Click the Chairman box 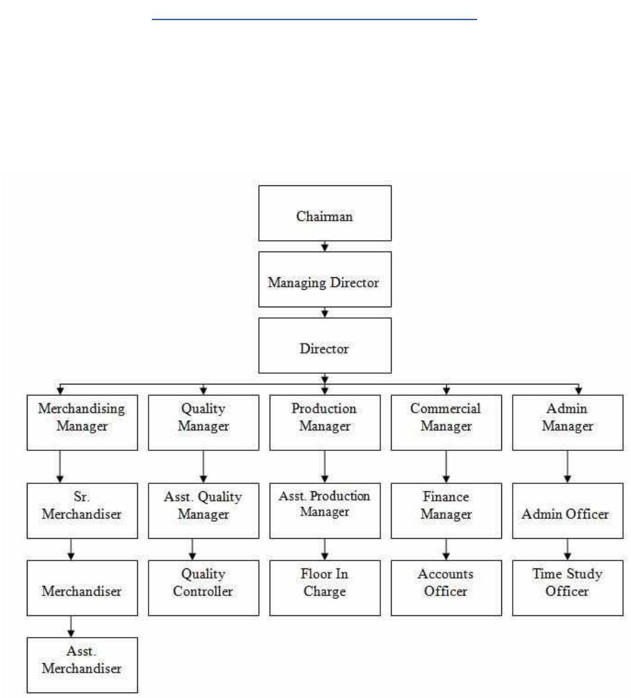tap(325, 213)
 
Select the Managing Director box tap(325, 280)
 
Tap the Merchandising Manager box tap(82, 422)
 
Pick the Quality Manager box tap(204, 422)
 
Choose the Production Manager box tap(325, 422)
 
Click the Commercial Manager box tap(446, 422)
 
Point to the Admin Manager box tap(568, 422)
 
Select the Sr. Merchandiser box tap(82, 511)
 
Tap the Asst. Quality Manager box tap(204, 511)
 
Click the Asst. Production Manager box tap(325, 511)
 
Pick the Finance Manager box tap(446, 511)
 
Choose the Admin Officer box tap(568, 511)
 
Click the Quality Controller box tap(204, 588)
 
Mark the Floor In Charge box tap(325, 588)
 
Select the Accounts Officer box tap(446, 588)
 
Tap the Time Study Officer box tap(568, 588)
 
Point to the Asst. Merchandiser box tap(82, 665)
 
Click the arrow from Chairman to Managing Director tap(325, 246)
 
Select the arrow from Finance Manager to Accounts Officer tap(446, 549)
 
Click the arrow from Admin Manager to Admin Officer tap(567, 466)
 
